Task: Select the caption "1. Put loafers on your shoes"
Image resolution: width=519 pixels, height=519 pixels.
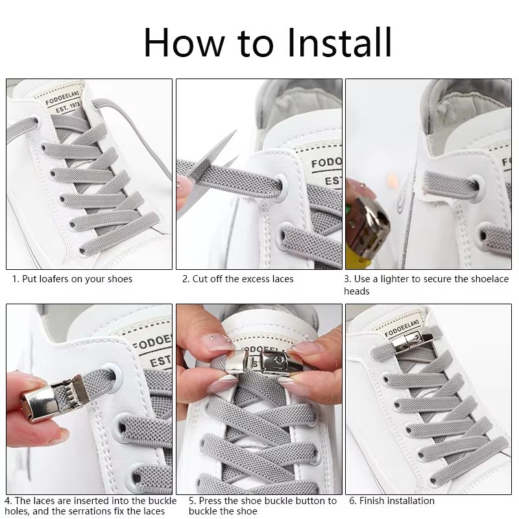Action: (x=72, y=279)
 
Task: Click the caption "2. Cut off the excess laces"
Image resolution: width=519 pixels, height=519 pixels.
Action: (x=237, y=279)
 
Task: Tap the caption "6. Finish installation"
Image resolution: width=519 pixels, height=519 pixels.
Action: (x=392, y=500)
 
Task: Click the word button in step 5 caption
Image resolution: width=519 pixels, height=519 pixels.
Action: (x=308, y=500)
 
